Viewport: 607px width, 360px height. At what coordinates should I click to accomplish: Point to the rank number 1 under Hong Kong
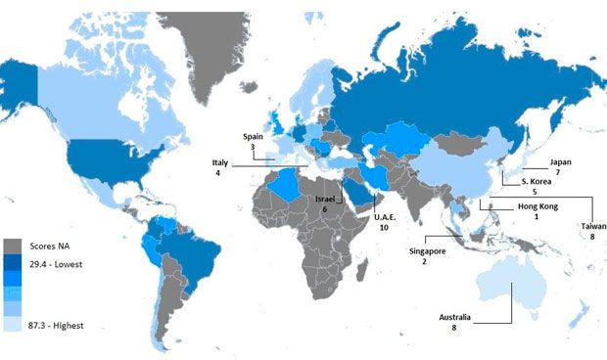pos(536,216)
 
